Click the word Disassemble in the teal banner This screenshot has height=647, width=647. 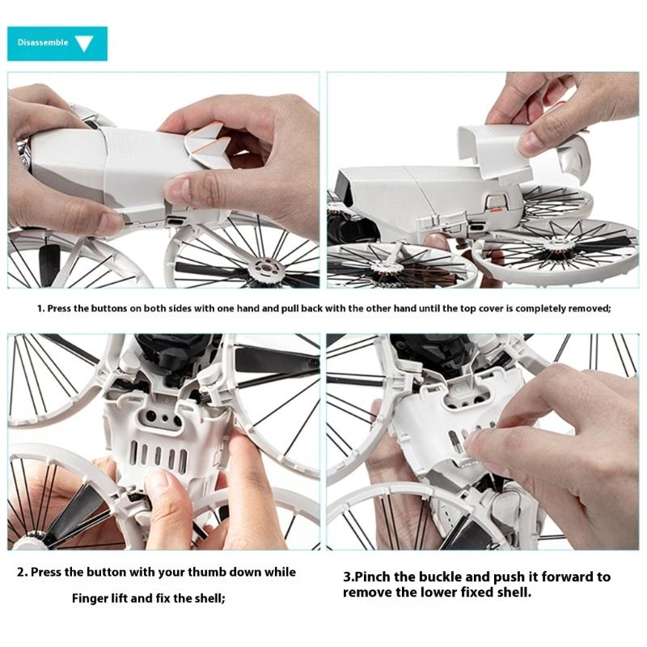(42, 43)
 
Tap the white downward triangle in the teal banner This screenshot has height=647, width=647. (84, 44)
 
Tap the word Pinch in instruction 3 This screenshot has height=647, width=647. (373, 577)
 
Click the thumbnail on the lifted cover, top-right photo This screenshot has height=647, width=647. (531, 142)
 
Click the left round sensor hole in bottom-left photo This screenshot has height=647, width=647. (149, 417)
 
